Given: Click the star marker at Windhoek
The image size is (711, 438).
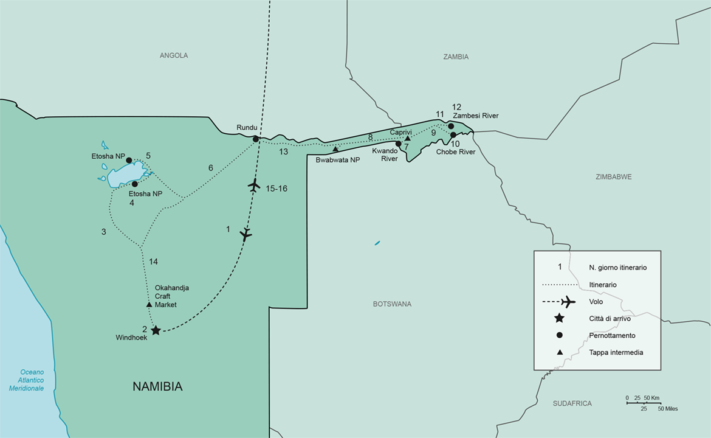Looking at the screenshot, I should (156, 330).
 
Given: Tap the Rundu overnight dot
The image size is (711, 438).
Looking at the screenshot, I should (256, 139).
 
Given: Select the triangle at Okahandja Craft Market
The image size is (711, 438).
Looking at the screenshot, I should (149, 304).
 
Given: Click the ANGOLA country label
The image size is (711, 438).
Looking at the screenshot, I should (174, 55).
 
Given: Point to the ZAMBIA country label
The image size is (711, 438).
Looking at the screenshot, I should (456, 57).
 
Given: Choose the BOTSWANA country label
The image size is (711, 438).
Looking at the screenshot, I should (393, 304).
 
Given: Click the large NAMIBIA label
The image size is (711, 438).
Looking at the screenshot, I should (157, 386).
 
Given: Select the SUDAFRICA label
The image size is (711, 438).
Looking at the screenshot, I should (572, 403).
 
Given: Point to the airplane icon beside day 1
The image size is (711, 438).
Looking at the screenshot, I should (246, 234).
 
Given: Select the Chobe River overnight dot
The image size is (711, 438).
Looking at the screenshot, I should (453, 135).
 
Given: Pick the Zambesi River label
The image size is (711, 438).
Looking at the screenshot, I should (476, 116).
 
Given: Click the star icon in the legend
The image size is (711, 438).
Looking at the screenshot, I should (559, 319).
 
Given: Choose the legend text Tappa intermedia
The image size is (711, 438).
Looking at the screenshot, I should (616, 352).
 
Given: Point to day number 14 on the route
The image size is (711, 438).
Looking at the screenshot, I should (153, 262).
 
